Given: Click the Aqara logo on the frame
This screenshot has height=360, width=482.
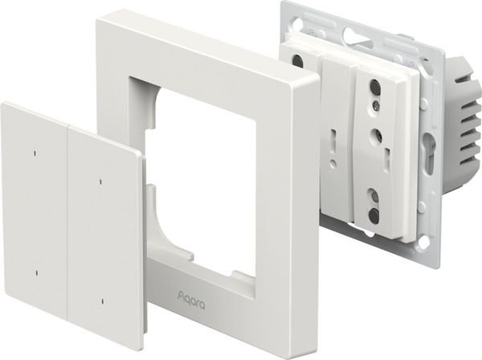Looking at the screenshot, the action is (x=191, y=301).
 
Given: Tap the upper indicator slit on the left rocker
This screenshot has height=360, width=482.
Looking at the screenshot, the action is (x=35, y=153).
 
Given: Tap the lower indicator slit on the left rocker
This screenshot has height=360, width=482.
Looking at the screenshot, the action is (x=37, y=273).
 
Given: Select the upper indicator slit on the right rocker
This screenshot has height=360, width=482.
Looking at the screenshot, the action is (x=100, y=182).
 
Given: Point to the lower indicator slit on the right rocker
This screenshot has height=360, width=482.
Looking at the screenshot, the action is (x=103, y=301).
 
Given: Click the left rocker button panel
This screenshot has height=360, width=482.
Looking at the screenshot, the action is (x=35, y=209).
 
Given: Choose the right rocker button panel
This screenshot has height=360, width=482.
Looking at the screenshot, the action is (x=104, y=238).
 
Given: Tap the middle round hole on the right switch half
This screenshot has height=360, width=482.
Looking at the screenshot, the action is (x=377, y=134).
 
